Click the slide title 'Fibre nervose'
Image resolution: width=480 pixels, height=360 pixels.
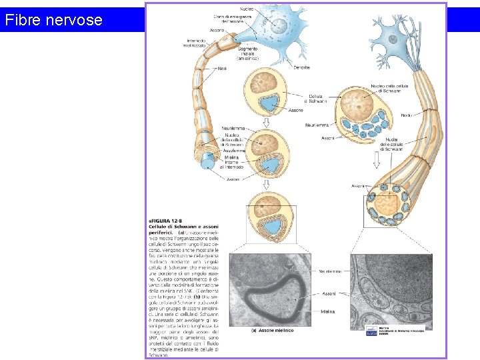53,20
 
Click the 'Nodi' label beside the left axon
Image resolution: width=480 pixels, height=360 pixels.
222,68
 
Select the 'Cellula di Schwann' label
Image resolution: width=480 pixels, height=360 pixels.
317,99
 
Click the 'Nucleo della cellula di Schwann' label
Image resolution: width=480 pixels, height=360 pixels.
387,89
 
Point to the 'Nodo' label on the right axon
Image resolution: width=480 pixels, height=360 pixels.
406,115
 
